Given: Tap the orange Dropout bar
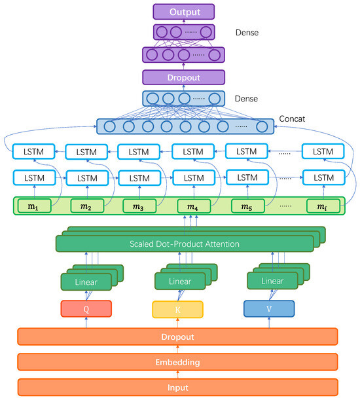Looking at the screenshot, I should click(177, 336).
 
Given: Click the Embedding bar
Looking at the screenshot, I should click(177, 361).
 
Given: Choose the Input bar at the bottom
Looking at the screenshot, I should click(177, 387).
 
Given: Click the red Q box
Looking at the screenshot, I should click(86, 308).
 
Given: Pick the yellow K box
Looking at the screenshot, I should click(177, 308).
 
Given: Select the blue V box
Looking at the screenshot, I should click(269, 308).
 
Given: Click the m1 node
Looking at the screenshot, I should click(33, 207).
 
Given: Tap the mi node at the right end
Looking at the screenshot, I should click(321, 207).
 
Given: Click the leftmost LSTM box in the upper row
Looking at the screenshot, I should click(33, 152).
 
